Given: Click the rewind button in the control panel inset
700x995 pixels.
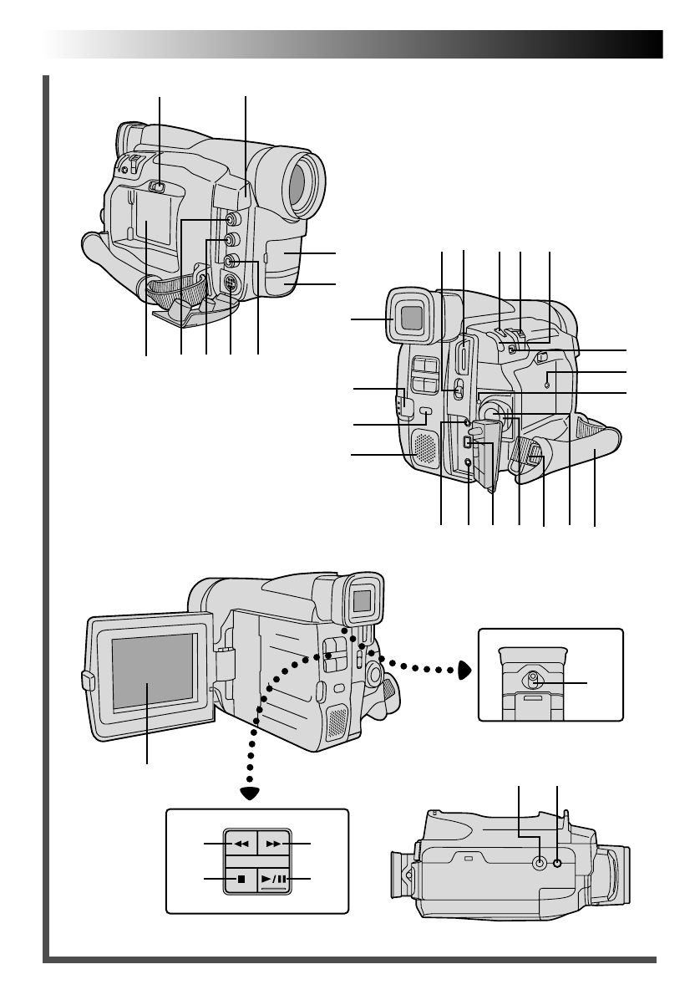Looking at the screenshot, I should pos(241,844).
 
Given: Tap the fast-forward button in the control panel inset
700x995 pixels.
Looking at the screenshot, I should pos(273,844).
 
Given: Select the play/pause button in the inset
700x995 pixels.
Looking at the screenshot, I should pos(273,879).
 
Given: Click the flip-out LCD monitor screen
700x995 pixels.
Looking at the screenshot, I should pos(152,672).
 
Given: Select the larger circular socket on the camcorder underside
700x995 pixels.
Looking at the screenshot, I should pos(540,863).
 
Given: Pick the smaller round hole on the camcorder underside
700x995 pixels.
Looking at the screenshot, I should pos(558,863).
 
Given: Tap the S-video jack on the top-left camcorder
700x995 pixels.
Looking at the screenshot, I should pos(230,282).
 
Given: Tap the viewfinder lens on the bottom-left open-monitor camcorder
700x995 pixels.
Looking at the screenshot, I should pos(361,600).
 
